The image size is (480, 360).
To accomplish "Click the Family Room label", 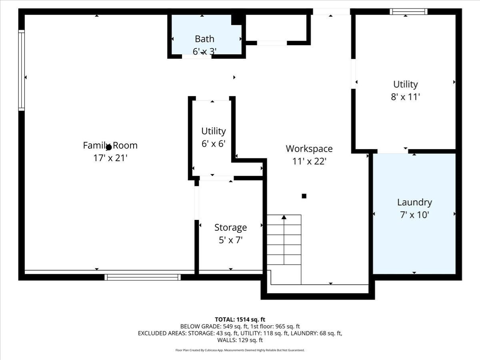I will [110, 145].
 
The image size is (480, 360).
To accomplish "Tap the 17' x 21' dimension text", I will [110, 158].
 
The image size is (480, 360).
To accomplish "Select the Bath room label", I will [204, 39].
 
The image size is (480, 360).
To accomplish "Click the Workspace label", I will [309, 149].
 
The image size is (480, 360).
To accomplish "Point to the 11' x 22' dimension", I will [309, 161].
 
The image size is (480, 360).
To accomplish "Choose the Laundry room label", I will [414, 202].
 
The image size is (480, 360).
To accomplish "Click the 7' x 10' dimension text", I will [414, 215].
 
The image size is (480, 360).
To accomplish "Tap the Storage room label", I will [230, 228].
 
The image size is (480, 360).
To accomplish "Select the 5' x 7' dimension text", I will [230, 240].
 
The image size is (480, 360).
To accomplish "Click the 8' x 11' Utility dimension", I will [406, 97].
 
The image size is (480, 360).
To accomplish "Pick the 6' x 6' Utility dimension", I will [214, 144].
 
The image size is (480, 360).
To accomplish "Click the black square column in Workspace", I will [304, 196].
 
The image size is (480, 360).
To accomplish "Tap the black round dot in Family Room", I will [108, 147].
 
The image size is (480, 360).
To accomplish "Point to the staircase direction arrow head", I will [284, 217].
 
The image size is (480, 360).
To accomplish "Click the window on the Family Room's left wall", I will [22, 70].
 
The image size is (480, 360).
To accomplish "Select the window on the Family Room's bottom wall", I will [143, 277].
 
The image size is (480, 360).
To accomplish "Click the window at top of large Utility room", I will [408, 12].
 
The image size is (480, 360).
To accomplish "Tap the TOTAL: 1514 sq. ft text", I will [240, 319].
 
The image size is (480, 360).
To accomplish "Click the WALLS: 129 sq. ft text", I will [240, 340].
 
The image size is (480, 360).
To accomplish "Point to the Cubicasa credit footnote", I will [240, 350].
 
